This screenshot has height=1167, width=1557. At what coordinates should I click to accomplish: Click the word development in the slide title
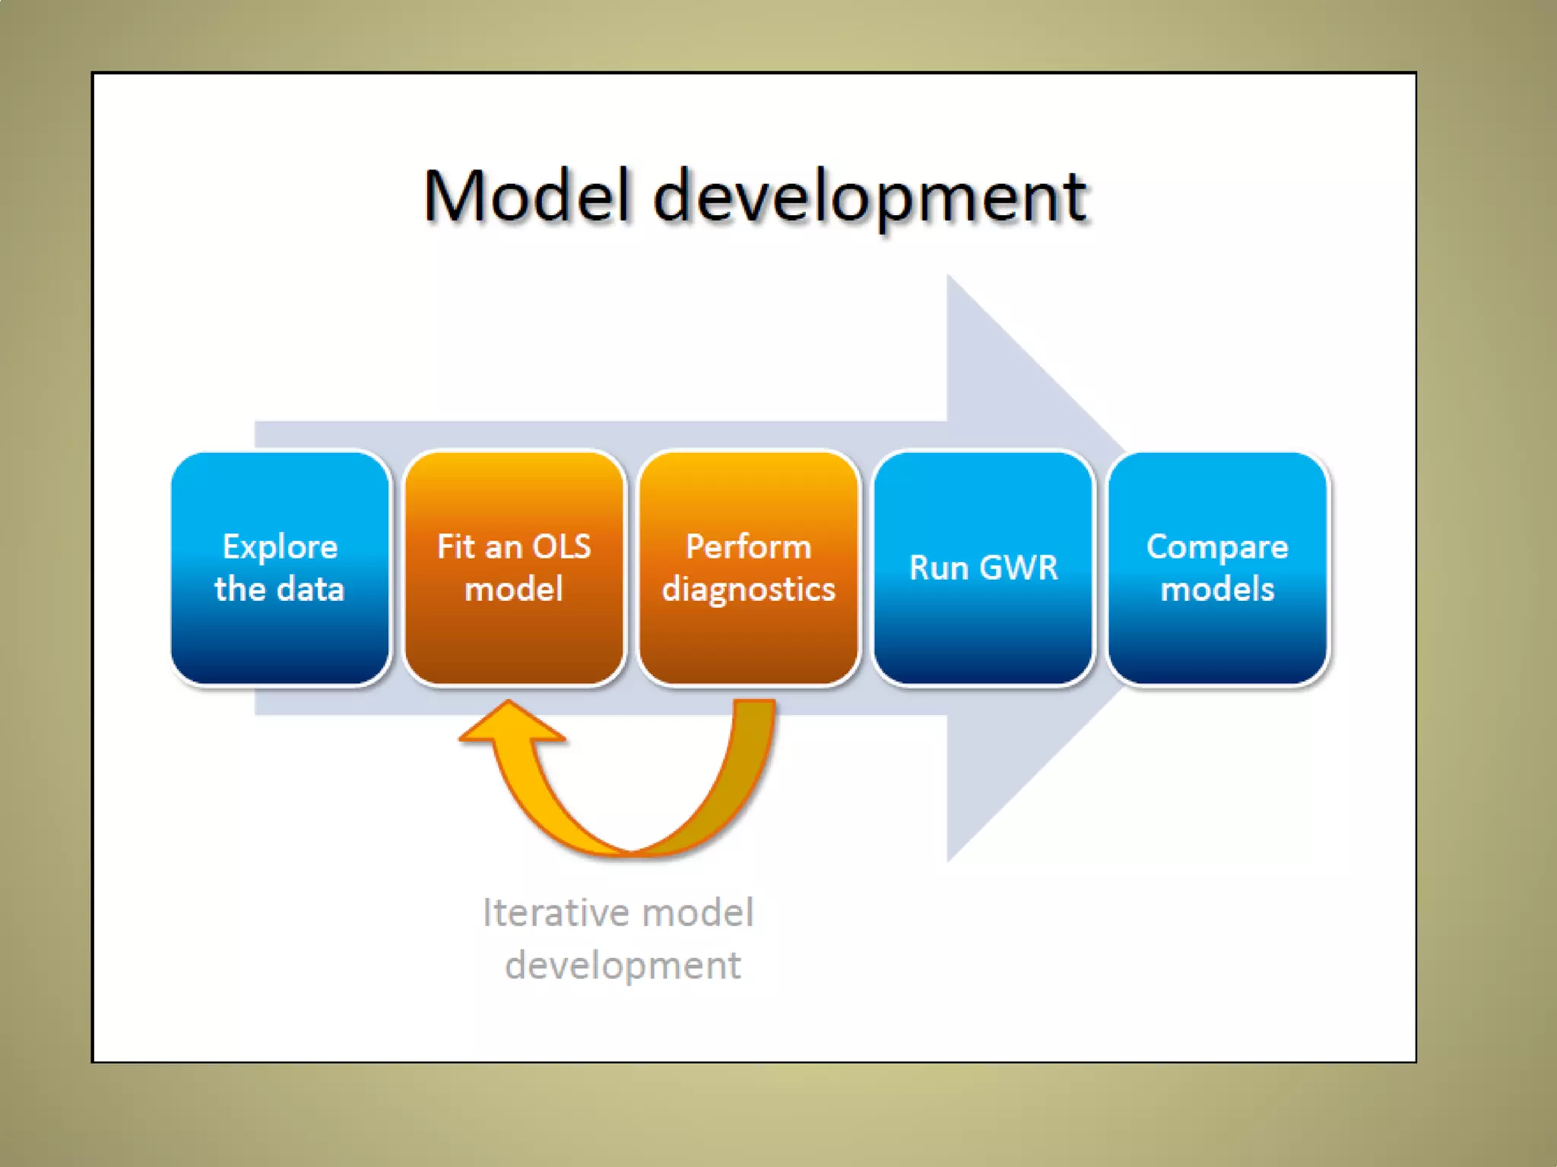tap(871, 199)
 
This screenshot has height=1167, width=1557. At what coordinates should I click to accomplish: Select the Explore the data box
tap(281, 568)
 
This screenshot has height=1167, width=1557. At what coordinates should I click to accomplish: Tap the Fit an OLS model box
tap(515, 568)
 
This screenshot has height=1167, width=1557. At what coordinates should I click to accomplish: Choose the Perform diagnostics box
tap(749, 568)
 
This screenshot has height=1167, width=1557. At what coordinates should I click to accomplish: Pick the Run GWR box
tap(983, 568)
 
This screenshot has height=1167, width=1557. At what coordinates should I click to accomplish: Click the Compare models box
tap(1217, 568)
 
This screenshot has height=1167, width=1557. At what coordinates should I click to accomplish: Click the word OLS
tap(562, 547)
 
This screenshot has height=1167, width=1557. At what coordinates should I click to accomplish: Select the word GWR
tap(1019, 568)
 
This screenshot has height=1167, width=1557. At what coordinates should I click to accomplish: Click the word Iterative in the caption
tap(544, 912)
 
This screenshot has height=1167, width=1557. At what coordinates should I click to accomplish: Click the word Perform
tap(749, 547)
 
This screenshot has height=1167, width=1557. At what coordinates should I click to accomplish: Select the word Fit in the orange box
tap(456, 547)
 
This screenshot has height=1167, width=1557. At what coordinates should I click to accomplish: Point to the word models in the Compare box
tap(1217, 590)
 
